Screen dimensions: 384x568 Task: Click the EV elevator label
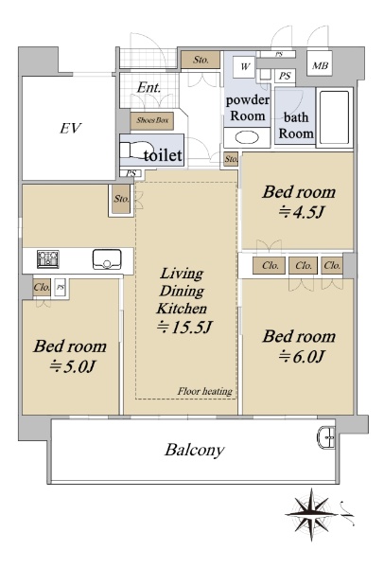pos(71,128)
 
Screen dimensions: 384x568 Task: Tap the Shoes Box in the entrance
pos(152,120)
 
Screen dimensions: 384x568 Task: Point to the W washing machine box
pos(245,66)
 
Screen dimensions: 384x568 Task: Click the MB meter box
pos(320,66)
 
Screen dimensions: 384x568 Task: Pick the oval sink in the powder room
pos(247,137)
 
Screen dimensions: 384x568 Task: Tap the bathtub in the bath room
pos(335,117)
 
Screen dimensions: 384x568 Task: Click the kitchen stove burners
pos(48,259)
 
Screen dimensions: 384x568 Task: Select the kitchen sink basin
pos(107,259)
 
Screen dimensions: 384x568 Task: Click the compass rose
pos(311,514)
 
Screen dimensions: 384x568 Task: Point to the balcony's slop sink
pos(327,437)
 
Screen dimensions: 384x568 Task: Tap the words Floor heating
pos(205,391)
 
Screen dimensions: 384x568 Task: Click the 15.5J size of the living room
pos(183,328)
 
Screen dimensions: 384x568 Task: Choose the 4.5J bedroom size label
pos(300,212)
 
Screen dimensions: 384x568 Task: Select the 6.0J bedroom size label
pos(301,357)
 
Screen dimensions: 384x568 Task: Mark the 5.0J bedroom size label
pos(72,366)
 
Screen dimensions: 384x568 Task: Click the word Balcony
pos(194,451)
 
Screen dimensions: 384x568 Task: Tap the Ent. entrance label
pos(148,87)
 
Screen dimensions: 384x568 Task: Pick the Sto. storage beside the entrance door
pos(201,60)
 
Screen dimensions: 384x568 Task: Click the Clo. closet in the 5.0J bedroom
pos(42,288)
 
